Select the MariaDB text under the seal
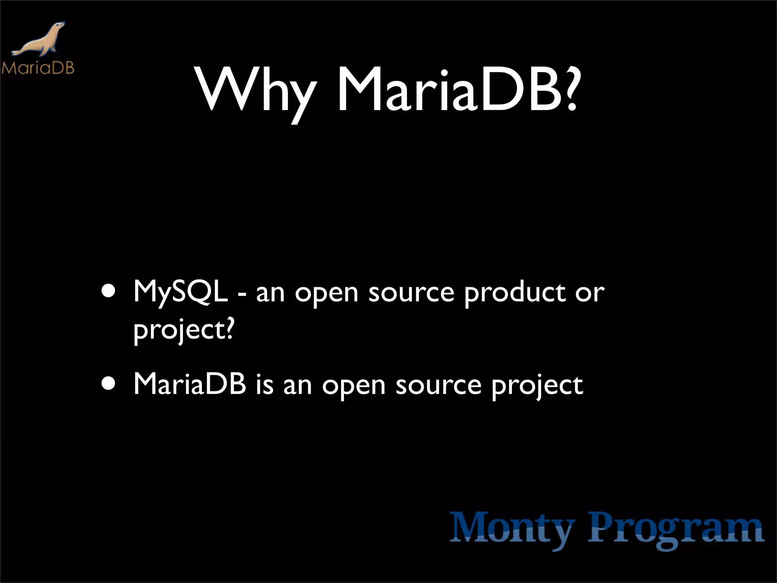pos(38,68)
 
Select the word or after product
pos(589,293)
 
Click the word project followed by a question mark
pos(178,329)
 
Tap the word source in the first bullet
pos(411,293)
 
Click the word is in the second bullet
pos(264,385)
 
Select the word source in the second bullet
pos(439,386)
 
